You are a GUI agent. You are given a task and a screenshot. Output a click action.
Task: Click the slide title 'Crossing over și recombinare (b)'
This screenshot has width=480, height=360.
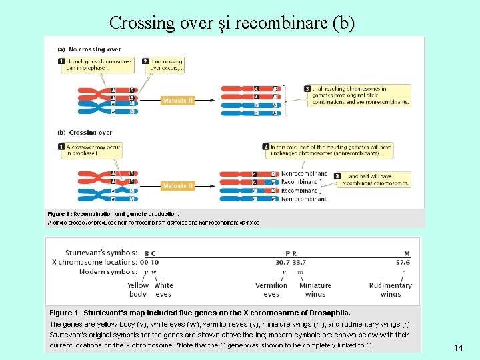(x=232, y=23)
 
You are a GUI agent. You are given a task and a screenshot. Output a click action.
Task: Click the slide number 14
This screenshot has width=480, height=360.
(x=458, y=348)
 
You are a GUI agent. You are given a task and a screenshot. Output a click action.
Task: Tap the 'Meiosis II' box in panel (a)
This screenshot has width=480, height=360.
(x=178, y=101)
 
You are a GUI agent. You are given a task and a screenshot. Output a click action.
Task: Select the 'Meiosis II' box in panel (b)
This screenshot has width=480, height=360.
(x=178, y=186)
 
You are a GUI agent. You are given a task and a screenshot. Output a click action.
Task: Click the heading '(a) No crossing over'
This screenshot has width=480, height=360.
(x=89, y=49)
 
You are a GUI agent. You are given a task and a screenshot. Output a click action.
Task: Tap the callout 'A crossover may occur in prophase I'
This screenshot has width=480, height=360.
(x=93, y=150)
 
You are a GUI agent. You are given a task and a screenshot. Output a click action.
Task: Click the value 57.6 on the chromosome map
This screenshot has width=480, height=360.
(x=403, y=262)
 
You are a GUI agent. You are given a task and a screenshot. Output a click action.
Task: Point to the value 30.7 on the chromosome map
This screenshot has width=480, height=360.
(x=283, y=262)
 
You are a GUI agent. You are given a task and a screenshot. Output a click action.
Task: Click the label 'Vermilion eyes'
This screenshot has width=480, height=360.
(x=271, y=289)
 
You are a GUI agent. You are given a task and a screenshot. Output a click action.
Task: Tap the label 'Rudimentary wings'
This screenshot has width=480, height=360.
(x=391, y=289)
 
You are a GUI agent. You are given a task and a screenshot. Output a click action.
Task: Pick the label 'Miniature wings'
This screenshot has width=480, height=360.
(x=315, y=289)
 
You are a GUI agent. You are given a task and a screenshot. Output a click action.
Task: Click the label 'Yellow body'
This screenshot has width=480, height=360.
(x=138, y=289)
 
